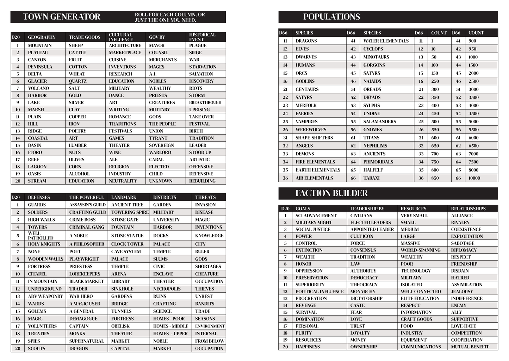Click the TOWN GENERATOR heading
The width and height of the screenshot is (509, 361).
(x=61, y=17)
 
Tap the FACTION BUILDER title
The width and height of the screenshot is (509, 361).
(x=331, y=193)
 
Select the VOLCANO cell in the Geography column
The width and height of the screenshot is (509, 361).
(x=38, y=88)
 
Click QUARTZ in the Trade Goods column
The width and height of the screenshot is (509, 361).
(x=77, y=81)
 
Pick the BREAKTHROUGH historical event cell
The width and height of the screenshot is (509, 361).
(x=205, y=102)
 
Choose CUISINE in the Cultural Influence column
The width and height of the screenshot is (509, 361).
(x=117, y=60)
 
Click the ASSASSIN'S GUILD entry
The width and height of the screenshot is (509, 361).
(x=87, y=205)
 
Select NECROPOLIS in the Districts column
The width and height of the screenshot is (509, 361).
(x=167, y=289)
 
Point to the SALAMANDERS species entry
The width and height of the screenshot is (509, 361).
(x=379, y=122)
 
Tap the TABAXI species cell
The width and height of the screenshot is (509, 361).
(x=371, y=178)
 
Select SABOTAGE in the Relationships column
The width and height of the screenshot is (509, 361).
(x=463, y=243)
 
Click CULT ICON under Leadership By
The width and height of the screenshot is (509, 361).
(x=361, y=236)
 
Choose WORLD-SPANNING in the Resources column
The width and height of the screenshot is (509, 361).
(x=420, y=250)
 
